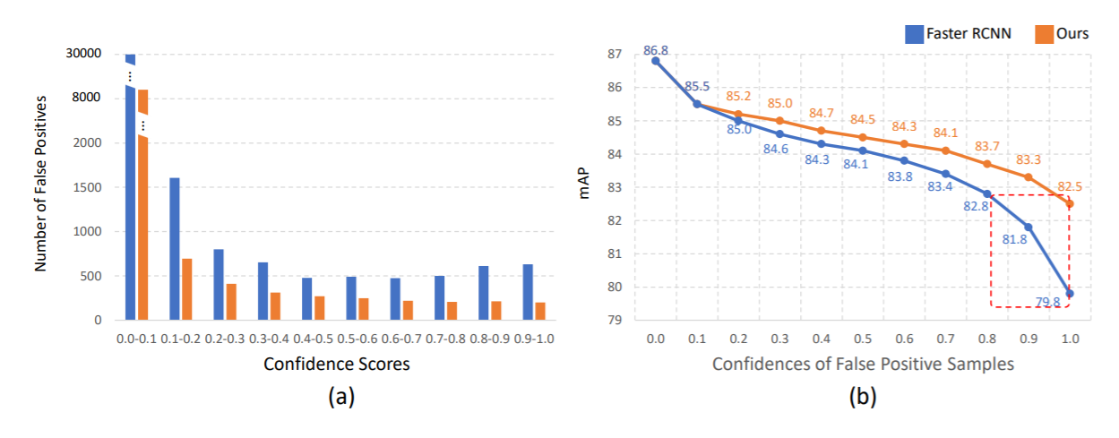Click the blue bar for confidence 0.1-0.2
pyautogui.click(x=175, y=248)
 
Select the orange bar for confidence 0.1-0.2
pyautogui.click(x=187, y=288)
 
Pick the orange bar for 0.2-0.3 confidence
pyautogui.click(x=231, y=302)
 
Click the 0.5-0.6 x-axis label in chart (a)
pyautogui.click(x=357, y=339)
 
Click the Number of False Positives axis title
pyautogui.click(x=40, y=186)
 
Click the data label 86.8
pyautogui.click(x=657, y=50)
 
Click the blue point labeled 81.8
pyautogui.click(x=1028, y=227)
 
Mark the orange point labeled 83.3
pyautogui.click(x=1028, y=176)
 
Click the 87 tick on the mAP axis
pyautogui.click(x=615, y=55)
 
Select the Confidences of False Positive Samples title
pyautogui.click(x=862, y=365)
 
